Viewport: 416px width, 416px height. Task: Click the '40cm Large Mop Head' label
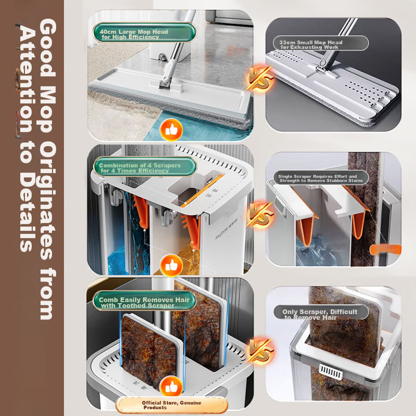click(145, 32)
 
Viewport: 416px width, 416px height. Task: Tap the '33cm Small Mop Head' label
click(320, 43)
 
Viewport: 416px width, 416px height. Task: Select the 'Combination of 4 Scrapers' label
click(145, 166)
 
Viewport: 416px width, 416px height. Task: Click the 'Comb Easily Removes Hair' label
click(145, 301)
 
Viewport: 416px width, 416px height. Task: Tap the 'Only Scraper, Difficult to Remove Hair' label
click(321, 313)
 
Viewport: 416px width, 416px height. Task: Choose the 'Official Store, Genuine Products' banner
click(172, 405)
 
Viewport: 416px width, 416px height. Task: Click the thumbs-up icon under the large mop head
click(172, 130)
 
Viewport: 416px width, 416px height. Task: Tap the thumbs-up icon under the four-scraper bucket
click(172, 265)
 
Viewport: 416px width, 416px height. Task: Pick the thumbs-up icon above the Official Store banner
click(172, 387)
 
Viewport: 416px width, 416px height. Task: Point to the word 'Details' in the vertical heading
click(27, 212)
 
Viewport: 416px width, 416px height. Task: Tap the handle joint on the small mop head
click(322, 67)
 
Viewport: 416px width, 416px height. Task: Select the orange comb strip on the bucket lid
click(202, 190)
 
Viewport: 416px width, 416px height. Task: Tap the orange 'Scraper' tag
click(385, 250)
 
